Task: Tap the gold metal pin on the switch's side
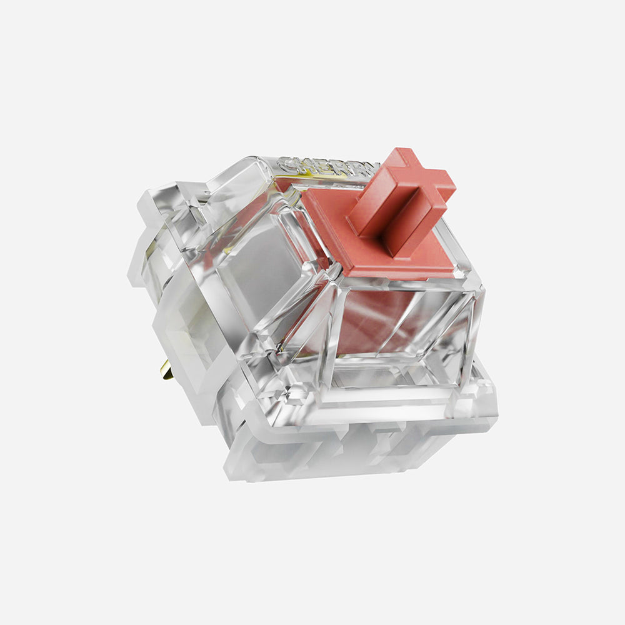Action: click(x=166, y=370)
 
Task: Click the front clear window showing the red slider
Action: click(x=400, y=331)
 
